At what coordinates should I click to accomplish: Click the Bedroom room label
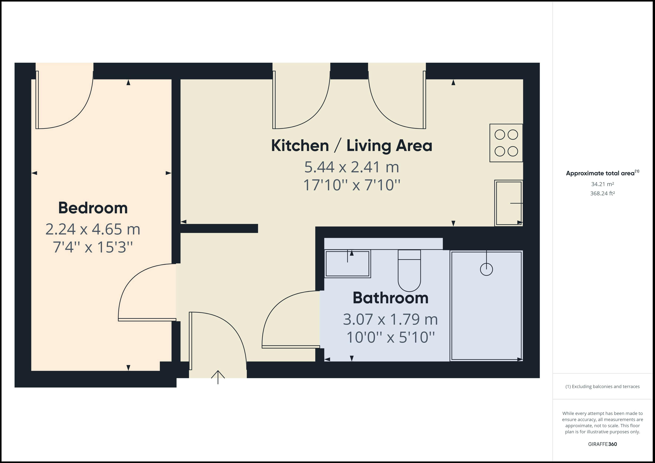(93, 208)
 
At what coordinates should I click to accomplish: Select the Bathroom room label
(391, 298)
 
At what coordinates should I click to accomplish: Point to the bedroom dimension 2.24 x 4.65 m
(93, 229)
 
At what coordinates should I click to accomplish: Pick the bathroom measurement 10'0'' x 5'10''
(391, 337)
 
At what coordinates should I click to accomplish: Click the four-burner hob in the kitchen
(506, 143)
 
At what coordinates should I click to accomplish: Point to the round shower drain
(486, 269)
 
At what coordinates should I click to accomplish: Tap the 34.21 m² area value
(602, 184)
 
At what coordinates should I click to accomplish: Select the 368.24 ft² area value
(602, 193)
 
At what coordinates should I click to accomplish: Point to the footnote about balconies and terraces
(602, 387)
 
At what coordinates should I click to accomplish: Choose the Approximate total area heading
(602, 173)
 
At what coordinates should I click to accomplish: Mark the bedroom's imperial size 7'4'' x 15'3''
(93, 247)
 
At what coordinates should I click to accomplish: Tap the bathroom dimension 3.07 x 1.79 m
(391, 319)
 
